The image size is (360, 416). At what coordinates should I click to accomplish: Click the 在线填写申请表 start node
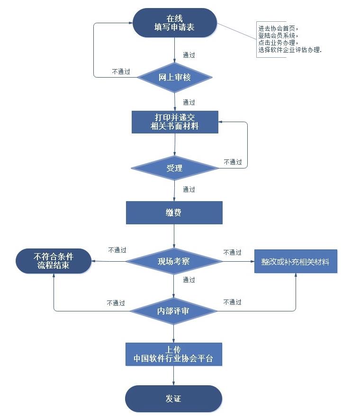tap(174, 23)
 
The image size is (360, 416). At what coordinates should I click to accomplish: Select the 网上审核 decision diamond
tap(174, 77)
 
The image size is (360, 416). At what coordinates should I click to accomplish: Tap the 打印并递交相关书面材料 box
tap(174, 122)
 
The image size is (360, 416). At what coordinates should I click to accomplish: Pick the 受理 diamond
tap(174, 168)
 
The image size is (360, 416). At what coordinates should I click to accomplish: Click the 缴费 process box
tap(174, 212)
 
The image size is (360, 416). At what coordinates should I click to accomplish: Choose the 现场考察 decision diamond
tap(174, 261)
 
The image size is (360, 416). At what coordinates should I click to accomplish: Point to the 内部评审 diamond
tap(173, 311)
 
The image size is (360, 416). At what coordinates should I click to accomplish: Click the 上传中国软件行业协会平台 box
tap(173, 354)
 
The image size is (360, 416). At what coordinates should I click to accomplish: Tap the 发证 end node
tap(173, 398)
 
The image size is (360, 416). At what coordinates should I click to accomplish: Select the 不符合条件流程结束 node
tap(54, 261)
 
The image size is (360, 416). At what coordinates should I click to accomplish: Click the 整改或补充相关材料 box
tap(296, 261)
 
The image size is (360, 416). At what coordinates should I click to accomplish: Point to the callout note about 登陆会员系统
tap(290, 39)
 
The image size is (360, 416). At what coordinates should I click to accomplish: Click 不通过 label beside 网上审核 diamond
tap(121, 72)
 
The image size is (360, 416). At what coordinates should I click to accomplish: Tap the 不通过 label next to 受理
tap(233, 162)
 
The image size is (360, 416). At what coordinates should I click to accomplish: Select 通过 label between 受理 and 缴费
tap(189, 189)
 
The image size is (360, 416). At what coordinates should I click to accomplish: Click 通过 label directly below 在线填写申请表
tap(189, 55)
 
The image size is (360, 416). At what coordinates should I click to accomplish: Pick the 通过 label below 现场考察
tap(189, 280)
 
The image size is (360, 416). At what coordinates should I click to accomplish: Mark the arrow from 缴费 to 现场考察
tap(174, 236)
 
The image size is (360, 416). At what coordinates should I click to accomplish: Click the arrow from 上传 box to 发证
tap(173, 375)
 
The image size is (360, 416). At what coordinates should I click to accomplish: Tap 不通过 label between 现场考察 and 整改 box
tap(232, 252)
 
